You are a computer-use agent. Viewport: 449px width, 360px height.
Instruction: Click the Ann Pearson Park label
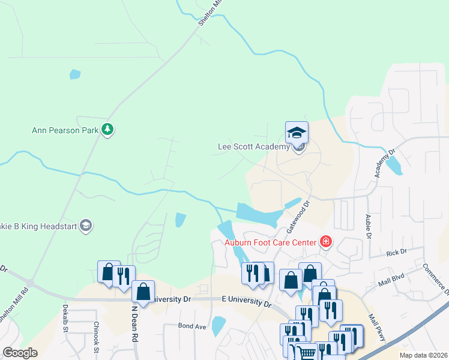[65, 130]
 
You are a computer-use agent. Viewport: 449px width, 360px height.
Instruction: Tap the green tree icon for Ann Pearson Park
[108, 129]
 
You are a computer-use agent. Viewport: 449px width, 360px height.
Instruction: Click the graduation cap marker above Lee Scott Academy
[297, 133]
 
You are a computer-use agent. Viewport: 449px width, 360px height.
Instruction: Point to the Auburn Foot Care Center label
[270, 242]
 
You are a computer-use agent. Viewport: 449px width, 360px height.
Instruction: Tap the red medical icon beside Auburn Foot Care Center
[325, 242]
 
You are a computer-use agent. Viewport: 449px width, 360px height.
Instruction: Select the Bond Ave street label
[192, 326]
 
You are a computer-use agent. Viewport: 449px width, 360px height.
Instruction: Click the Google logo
[20, 353]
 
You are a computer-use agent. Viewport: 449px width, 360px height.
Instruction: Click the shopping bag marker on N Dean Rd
[143, 292]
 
